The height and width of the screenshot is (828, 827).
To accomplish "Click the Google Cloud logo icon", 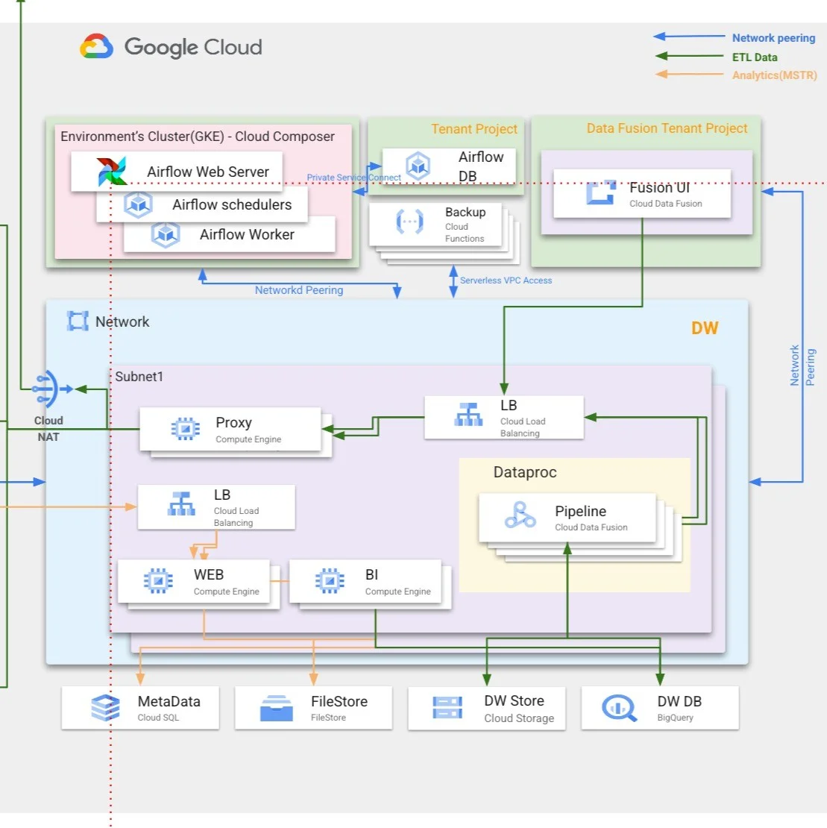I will [x=97, y=46].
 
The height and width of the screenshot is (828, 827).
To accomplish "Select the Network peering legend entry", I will [x=773, y=38].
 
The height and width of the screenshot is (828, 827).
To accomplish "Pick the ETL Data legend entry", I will [x=754, y=57].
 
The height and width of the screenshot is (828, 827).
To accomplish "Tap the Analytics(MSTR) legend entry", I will [x=774, y=75].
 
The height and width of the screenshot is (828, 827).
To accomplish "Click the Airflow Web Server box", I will [x=177, y=171].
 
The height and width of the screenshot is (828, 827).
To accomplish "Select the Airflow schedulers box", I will [x=202, y=204].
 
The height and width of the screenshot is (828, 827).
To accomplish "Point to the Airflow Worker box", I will [x=230, y=234].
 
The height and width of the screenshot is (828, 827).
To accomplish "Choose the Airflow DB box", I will [x=449, y=166].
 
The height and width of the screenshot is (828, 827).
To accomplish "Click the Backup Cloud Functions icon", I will [x=409, y=222].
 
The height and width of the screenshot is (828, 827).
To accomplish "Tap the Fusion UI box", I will [x=642, y=193].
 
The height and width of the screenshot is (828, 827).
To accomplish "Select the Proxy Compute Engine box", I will [x=230, y=429].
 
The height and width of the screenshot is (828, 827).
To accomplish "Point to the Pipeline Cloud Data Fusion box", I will [x=567, y=517].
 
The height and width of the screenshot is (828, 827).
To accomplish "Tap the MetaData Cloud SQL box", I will [x=140, y=707].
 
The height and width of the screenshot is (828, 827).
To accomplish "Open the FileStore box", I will [x=313, y=707].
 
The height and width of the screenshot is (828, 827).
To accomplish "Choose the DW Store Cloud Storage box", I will [x=486, y=707].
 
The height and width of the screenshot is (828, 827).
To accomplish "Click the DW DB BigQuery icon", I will [x=619, y=707].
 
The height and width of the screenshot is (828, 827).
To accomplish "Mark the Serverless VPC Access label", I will [x=506, y=280].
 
